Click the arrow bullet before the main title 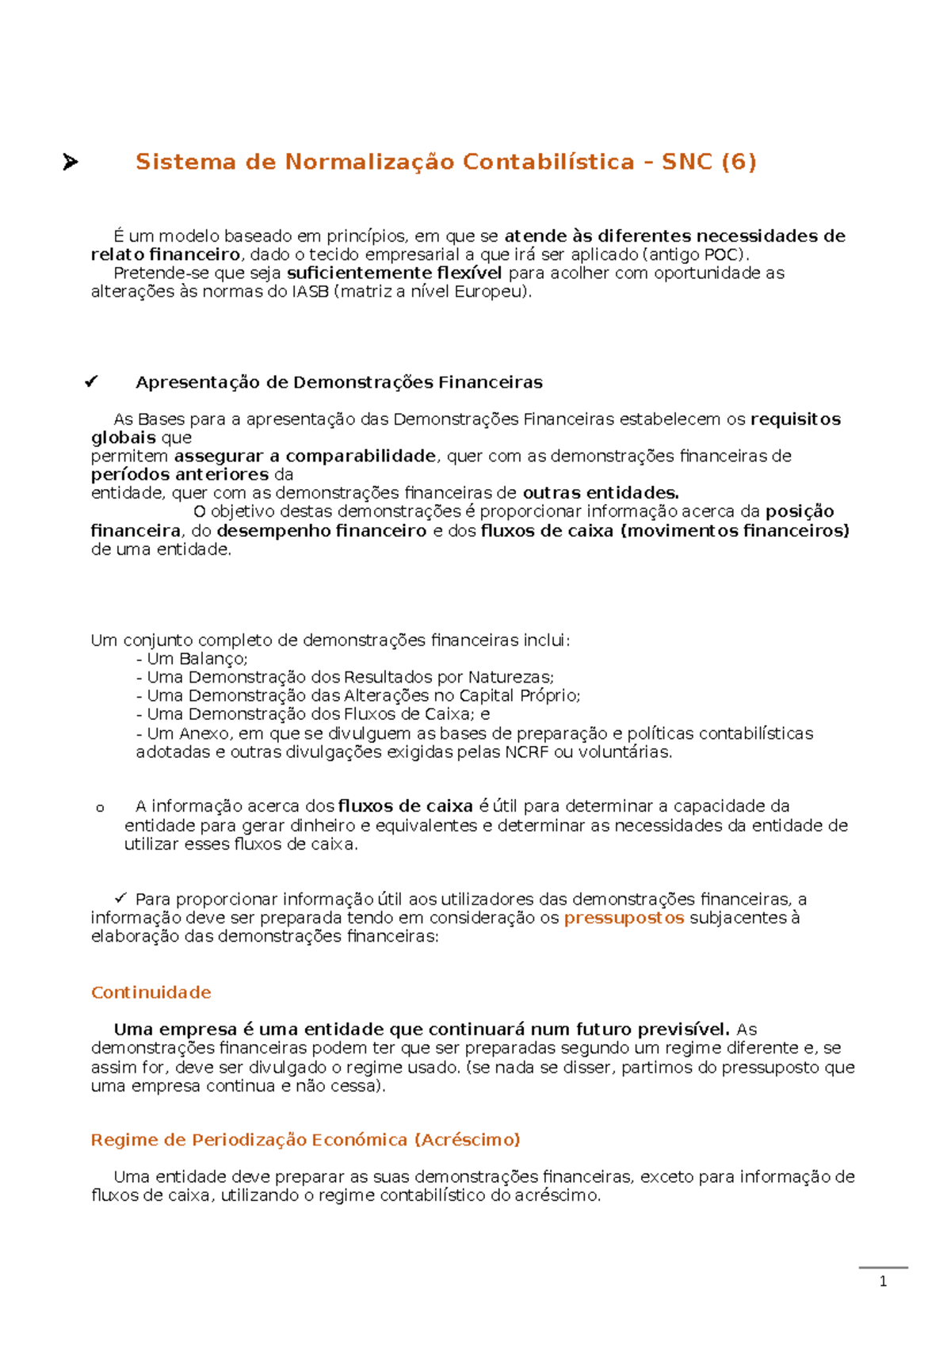[70, 163]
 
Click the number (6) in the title [739, 163]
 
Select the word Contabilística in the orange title [548, 163]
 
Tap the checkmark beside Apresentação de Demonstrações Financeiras [91, 382]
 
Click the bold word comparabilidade [361, 456]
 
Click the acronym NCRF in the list [526, 752]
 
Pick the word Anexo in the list [204, 734]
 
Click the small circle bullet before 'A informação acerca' [100, 809]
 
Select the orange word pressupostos [624, 918]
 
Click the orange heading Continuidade [151, 992]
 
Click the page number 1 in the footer [883, 1282]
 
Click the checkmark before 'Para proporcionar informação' [120, 898]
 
